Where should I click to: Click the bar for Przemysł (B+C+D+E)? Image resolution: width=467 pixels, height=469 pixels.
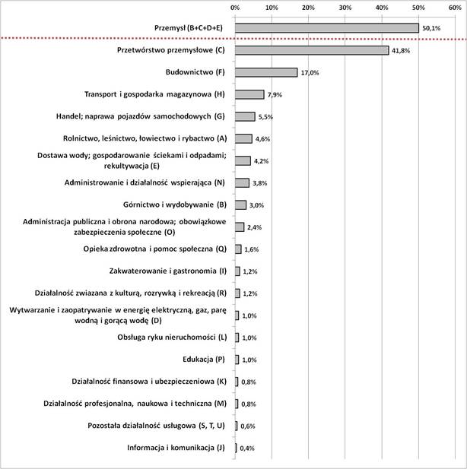(x=327, y=28)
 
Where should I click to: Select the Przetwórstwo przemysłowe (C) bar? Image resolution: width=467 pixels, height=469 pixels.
(x=312, y=50)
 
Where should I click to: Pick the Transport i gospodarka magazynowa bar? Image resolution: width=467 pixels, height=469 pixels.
(x=249, y=94)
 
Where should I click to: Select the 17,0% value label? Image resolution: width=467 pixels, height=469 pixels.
(x=309, y=73)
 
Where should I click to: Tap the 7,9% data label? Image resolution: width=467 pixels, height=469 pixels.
(x=275, y=95)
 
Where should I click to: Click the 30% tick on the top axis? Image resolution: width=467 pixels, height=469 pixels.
(x=345, y=7)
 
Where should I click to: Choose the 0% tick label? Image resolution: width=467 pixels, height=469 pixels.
(x=235, y=7)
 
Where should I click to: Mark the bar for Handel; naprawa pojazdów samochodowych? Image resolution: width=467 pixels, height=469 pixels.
(x=245, y=116)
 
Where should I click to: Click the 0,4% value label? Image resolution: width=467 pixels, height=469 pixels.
(x=247, y=448)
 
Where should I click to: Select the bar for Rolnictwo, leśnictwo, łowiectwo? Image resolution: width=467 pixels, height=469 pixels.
(x=243, y=138)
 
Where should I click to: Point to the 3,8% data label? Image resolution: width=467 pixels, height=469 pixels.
(x=260, y=183)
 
